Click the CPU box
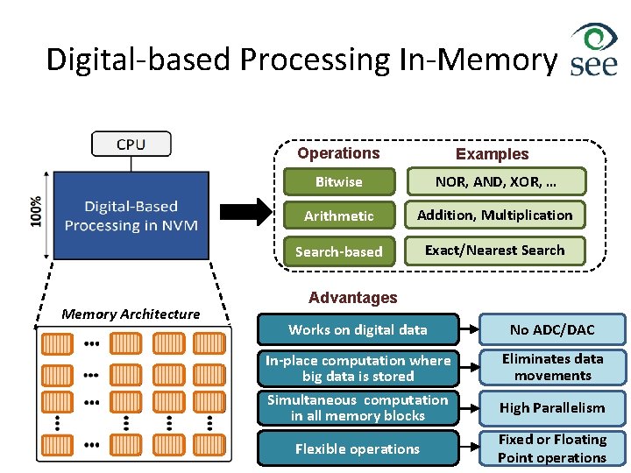tap(131, 144)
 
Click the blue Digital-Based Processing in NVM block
tap(131, 215)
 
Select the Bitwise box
tap(338, 182)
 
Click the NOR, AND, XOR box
tap(496, 181)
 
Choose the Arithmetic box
tap(338, 215)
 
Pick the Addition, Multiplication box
tap(495, 215)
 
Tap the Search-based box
tap(338, 251)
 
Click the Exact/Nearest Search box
tap(495, 251)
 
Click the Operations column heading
tap(338, 153)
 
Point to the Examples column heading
tap(492, 154)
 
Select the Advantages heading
tap(352, 298)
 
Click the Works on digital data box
tap(358, 330)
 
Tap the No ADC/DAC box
tap(552, 330)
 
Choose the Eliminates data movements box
tap(552, 367)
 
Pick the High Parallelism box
tap(552, 407)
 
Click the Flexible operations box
tap(358, 448)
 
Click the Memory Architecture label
tap(131, 314)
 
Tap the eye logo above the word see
tap(595, 40)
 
